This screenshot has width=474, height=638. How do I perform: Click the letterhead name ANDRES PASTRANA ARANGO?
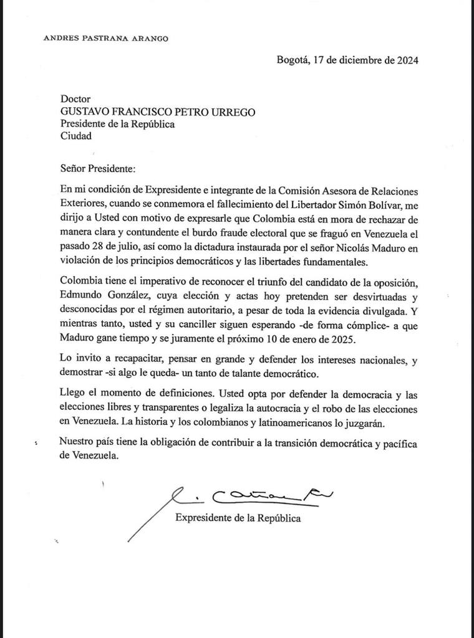click(x=106, y=38)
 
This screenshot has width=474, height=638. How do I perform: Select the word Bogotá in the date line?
click(x=293, y=60)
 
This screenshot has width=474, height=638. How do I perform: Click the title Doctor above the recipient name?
click(x=75, y=98)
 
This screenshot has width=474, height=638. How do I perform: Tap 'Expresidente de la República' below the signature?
click(x=238, y=518)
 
